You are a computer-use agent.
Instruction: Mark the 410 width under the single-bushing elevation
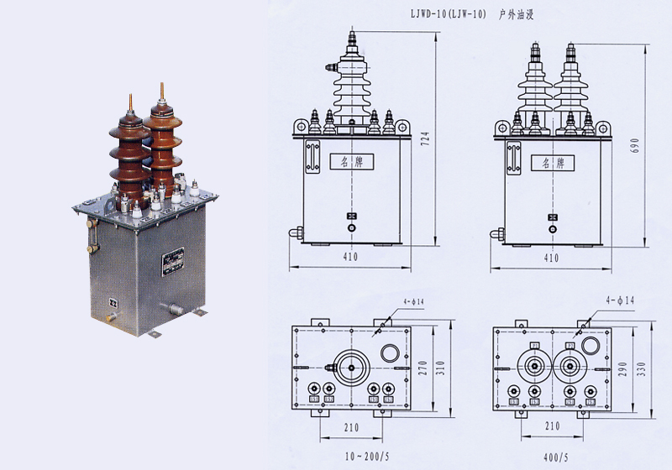click(x=351, y=258)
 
